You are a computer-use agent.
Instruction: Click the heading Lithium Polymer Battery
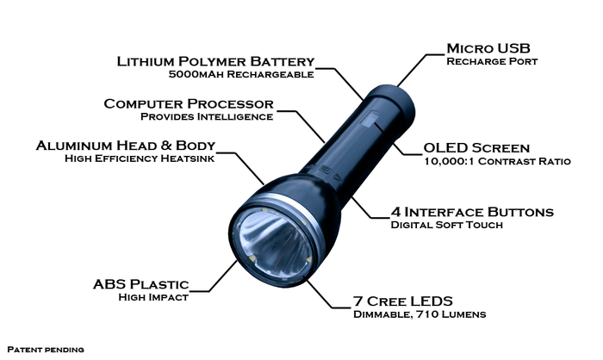[215, 61]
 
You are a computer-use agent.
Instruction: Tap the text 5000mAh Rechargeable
[241, 75]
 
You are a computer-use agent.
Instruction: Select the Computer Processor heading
[188, 103]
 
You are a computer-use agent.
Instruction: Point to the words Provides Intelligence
[207, 116]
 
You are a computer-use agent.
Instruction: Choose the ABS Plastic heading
[140, 284]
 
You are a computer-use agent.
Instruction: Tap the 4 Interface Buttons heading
[471, 212]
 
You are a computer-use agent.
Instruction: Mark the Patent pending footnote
[45, 350]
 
